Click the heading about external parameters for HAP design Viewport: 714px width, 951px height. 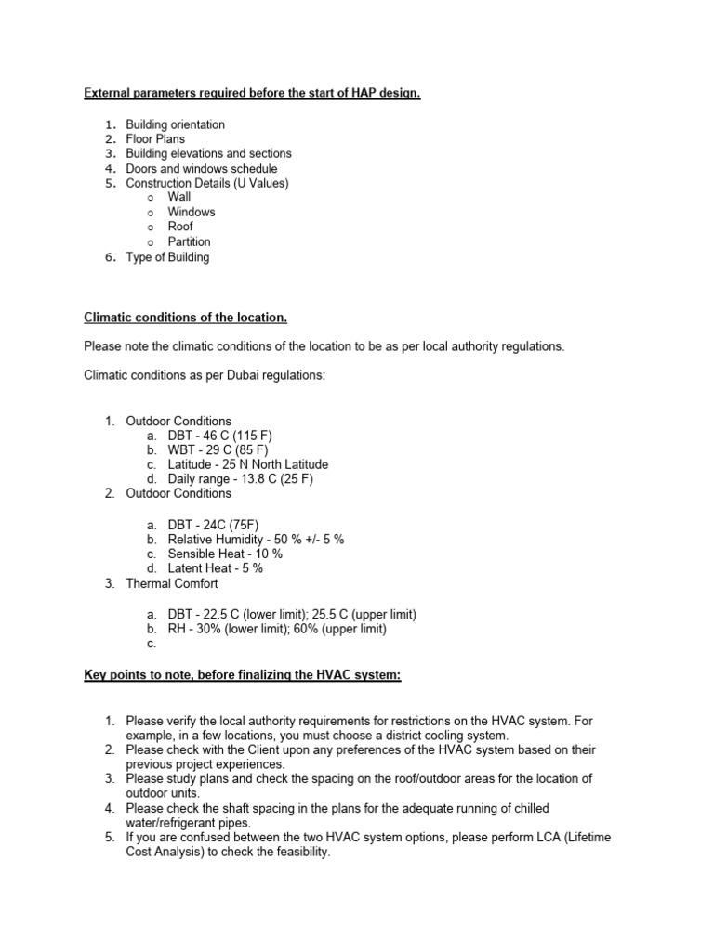coord(252,94)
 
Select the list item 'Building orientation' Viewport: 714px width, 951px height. coord(175,124)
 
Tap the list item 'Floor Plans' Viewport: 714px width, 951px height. coord(155,139)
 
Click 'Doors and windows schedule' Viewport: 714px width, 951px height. coord(202,169)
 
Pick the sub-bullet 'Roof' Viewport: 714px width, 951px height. coord(180,227)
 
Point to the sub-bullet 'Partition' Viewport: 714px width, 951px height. coord(189,241)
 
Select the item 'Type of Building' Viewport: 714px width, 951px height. coord(167,257)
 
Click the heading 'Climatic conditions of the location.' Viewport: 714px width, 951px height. coord(186,318)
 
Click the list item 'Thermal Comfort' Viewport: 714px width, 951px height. coord(172,584)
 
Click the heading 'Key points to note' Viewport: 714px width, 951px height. coord(242,675)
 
